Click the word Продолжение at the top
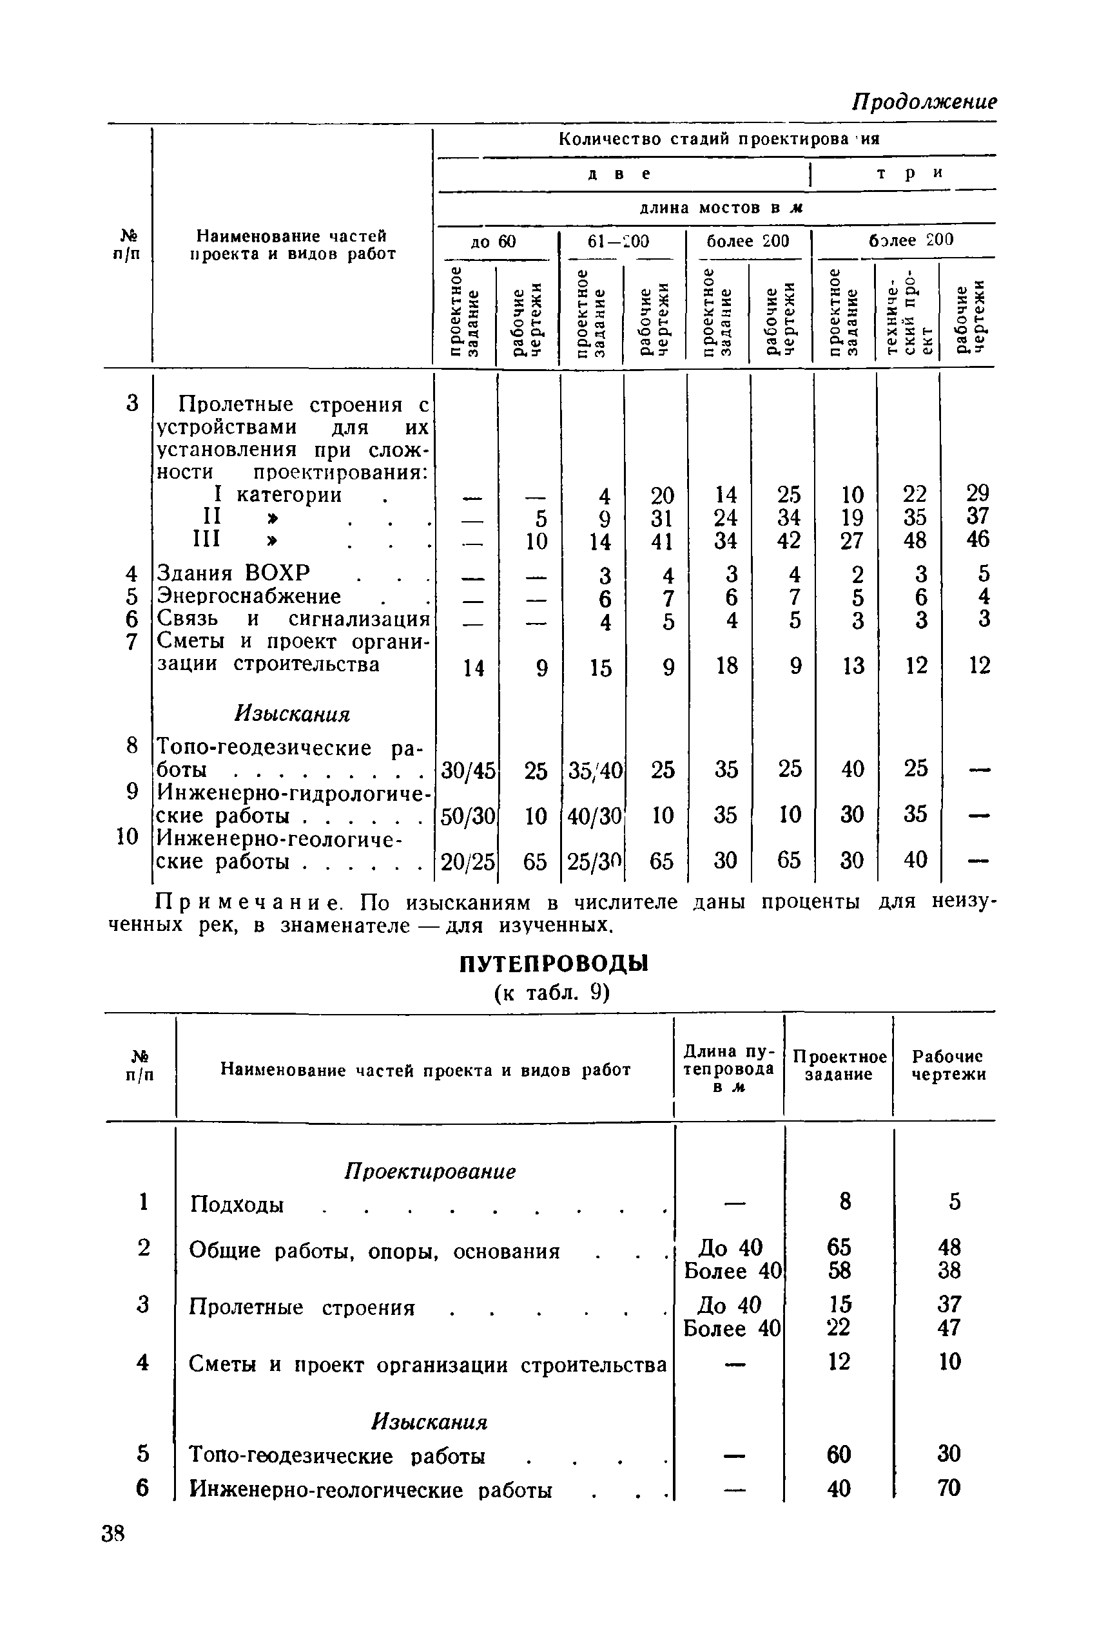click(923, 102)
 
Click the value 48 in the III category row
click(915, 540)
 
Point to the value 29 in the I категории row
click(977, 493)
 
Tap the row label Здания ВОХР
click(233, 573)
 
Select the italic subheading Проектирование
click(431, 1171)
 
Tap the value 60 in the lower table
click(838, 1455)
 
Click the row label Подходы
click(237, 1205)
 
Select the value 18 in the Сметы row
click(726, 665)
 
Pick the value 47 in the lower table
click(949, 1327)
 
